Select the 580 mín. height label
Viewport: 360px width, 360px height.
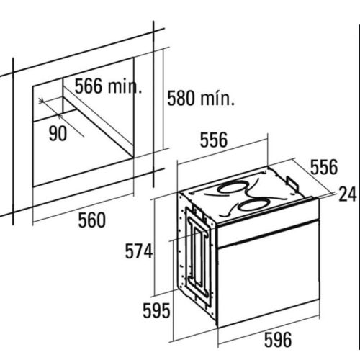pyautogui.click(x=201, y=98)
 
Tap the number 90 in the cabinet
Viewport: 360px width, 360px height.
pyautogui.click(x=58, y=133)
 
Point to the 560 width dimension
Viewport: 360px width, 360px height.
pyautogui.click(x=92, y=220)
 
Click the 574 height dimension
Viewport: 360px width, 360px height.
pyautogui.click(x=139, y=251)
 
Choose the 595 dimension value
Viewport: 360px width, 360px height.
pyautogui.click(x=156, y=310)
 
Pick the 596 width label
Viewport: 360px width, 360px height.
pyautogui.click(x=278, y=339)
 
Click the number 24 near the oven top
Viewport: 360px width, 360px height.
pyautogui.click(x=347, y=194)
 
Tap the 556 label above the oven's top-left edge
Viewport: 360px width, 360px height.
pyautogui.click(x=214, y=140)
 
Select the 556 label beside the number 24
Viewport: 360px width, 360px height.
pyautogui.click(x=324, y=167)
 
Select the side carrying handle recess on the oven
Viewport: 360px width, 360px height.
pyautogui.click(x=198, y=254)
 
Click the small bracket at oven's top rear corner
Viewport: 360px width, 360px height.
pyautogui.click(x=292, y=181)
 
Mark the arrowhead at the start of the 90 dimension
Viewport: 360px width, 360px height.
pyautogui.click(x=42, y=101)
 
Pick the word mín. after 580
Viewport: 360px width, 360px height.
pyautogui.click(x=217, y=98)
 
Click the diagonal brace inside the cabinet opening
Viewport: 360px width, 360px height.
pyautogui.click(x=99, y=117)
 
